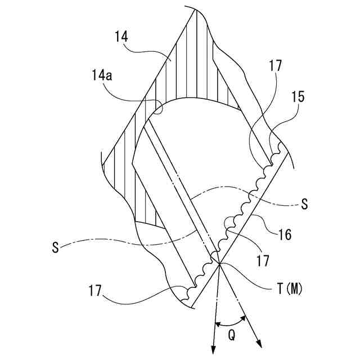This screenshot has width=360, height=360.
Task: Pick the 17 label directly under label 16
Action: click(x=263, y=261)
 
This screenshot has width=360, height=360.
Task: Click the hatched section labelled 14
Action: click(x=186, y=73)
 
